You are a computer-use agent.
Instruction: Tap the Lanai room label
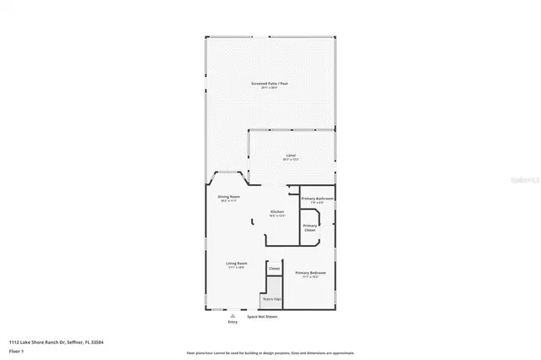pyautogui.click(x=290, y=155)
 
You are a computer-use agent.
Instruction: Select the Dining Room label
pyautogui.click(x=228, y=197)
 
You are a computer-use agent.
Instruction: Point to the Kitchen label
pyautogui.click(x=276, y=211)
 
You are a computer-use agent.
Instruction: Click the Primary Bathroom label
pyautogui.click(x=317, y=198)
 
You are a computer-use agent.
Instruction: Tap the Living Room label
pyautogui.click(x=236, y=264)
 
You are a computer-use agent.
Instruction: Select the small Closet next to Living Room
pyautogui.click(x=274, y=268)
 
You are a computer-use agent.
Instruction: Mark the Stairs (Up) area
pyautogui.click(x=272, y=298)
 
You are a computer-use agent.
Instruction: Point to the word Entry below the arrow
pyautogui.click(x=233, y=322)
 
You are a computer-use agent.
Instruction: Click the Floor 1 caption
pyautogui.click(x=16, y=350)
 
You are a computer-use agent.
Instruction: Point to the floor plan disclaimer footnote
pyautogui.click(x=270, y=352)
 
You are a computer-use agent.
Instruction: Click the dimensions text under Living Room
pyautogui.click(x=236, y=268)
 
